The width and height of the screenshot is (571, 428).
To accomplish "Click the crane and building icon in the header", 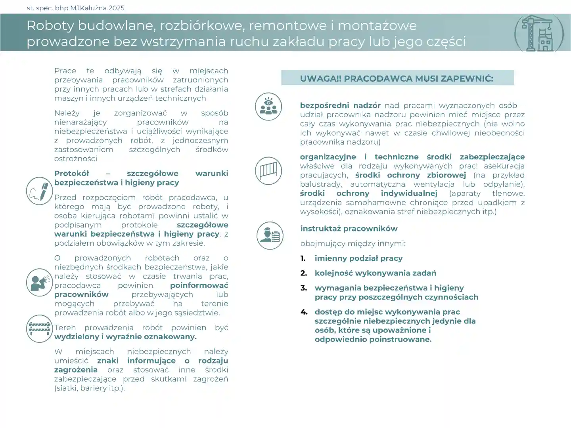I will tap(539, 33).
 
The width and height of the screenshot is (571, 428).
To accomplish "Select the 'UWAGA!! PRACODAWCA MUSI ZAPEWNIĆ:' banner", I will tap(397, 78).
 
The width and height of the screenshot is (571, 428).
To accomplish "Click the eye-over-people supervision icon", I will tap(268, 107).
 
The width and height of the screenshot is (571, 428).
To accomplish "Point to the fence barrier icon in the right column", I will tap(268, 171).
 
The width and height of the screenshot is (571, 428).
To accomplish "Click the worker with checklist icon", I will tap(270, 235).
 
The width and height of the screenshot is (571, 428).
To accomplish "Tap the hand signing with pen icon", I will tap(39, 191).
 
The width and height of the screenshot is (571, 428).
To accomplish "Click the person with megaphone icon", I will tap(39, 283).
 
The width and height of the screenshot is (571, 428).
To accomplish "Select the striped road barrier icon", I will tap(39, 329).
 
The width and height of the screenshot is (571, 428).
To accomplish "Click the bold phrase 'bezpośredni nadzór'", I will tap(340, 105).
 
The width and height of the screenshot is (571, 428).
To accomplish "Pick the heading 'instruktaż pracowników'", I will tap(349, 229).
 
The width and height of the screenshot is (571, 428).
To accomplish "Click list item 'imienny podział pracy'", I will tap(358, 258).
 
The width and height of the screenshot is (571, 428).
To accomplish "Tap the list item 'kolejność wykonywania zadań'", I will tap(375, 273).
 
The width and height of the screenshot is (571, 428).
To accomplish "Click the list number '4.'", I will tap(304, 312).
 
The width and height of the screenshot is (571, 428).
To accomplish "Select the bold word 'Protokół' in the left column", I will tap(72, 174).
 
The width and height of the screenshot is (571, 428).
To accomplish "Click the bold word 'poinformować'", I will tap(199, 285).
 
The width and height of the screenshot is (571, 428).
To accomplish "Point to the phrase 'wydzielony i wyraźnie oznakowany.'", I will tap(125, 337).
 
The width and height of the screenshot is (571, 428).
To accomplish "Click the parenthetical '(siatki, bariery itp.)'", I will tap(89, 388).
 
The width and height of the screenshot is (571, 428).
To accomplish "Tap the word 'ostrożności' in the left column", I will tap(76, 159).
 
